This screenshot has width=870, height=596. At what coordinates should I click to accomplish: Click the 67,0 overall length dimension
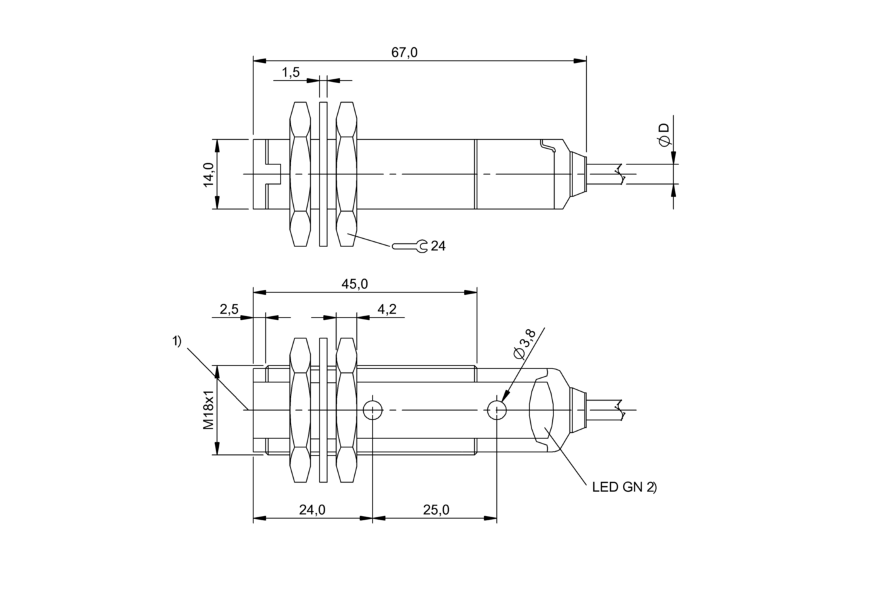click(404, 52)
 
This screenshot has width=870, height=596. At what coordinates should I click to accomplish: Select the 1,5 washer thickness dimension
click(291, 72)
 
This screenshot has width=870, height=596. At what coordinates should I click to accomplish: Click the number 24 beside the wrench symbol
click(438, 246)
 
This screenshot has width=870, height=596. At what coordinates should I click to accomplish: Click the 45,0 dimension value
click(354, 284)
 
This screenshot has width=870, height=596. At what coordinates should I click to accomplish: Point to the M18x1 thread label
click(209, 410)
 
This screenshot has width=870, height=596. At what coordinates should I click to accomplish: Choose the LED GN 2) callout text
click(624, 487)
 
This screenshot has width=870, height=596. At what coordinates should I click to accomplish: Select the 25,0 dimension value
click(436, 510)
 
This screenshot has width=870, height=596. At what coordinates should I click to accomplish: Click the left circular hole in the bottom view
click(373, 410)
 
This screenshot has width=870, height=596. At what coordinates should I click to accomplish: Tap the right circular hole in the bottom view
click(497, 410)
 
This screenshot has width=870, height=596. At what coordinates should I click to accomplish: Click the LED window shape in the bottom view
click(542, 410)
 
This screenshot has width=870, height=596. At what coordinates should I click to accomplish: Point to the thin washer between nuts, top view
click(323, 174)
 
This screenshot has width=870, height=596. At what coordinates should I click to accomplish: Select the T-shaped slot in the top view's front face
click(270, 174)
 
